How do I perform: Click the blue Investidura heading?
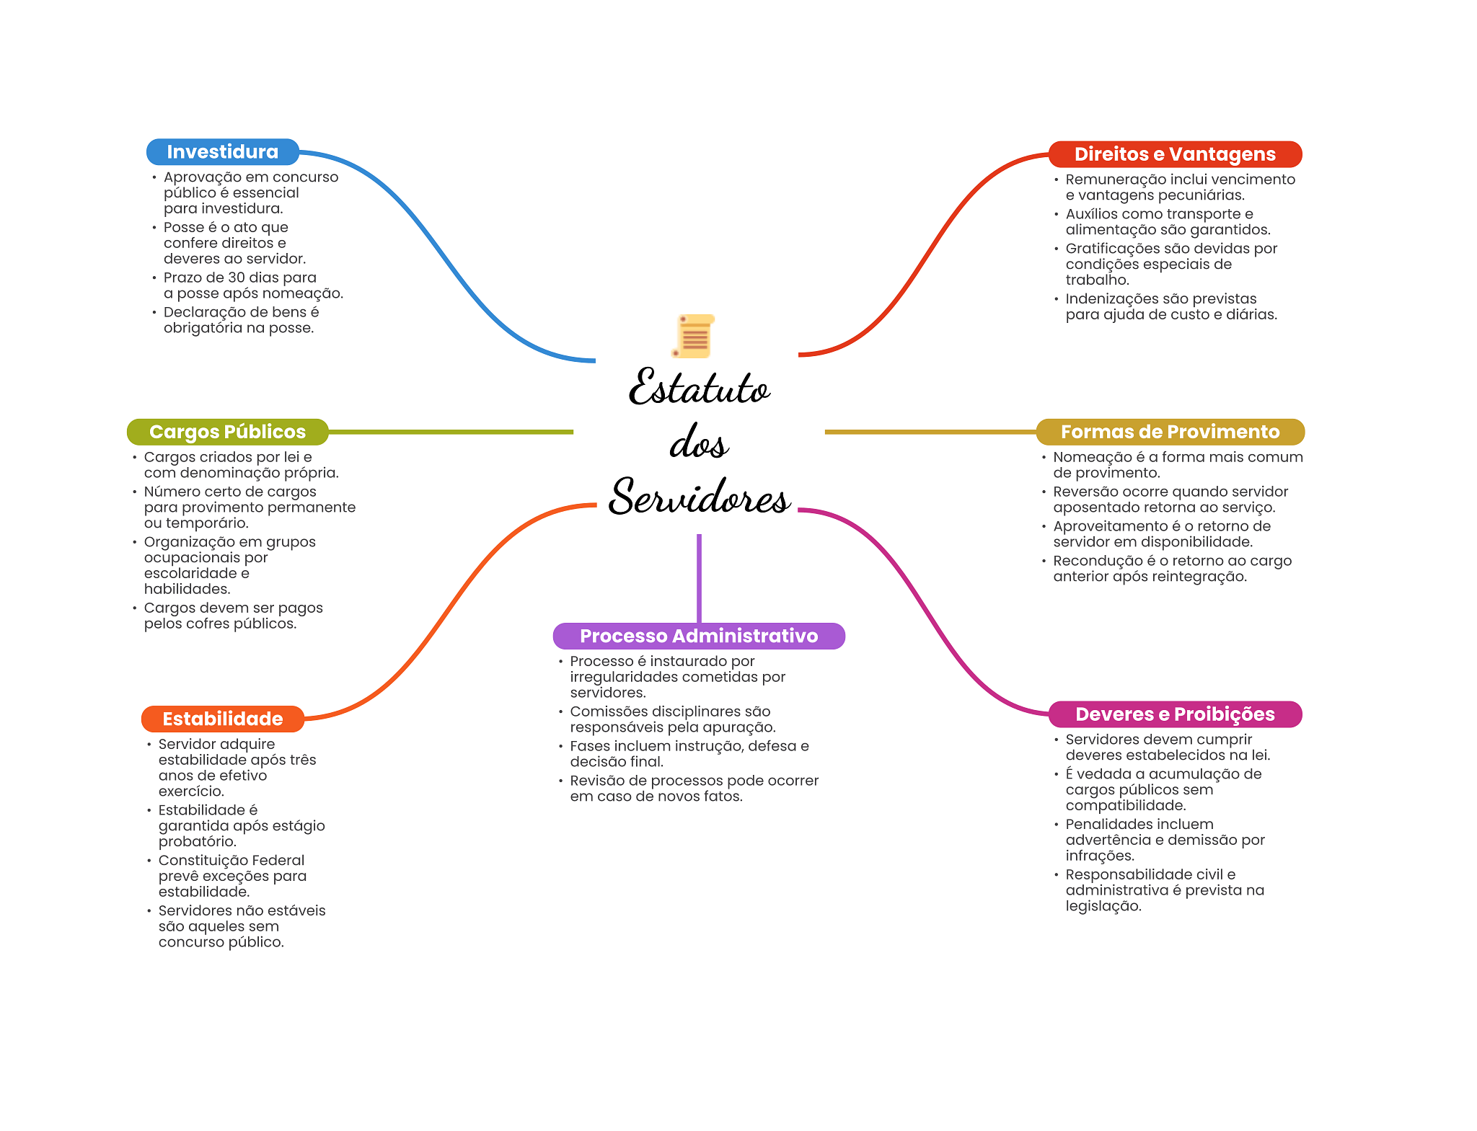(222, 152)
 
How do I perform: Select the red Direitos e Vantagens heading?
(1174, 154)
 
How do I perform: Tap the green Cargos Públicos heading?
(227, 432)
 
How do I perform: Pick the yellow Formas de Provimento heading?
(1170, 432)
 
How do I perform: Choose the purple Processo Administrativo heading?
(698, 636)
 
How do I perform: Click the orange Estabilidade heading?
(222, 719)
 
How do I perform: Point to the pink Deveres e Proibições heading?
(1174, 714)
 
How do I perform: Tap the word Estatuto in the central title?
(699, 388)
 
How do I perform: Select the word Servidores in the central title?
(699, 497)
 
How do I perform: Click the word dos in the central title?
(698, 443)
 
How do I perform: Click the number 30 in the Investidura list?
(237, 278)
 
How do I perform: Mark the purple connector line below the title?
(699, 577)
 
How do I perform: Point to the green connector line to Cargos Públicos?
(451, 432)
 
